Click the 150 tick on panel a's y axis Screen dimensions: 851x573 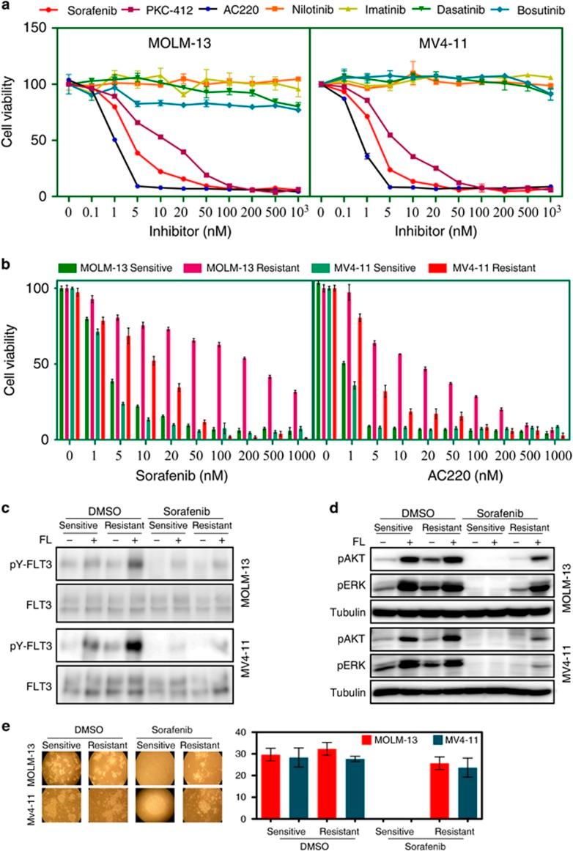pyautogui.click(x=44, y=28)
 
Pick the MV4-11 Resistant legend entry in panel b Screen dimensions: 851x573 pyautogui.click(x=486, y=269)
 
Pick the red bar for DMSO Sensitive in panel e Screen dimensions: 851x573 pyautogui.click(x=273, y=800)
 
